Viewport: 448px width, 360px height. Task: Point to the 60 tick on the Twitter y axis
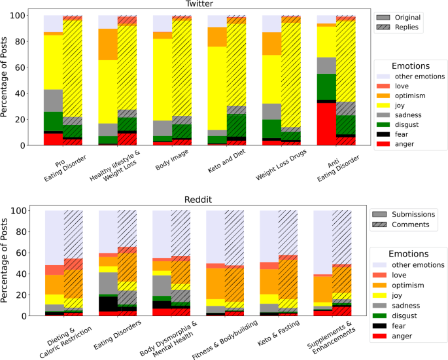tap(35, 67)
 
